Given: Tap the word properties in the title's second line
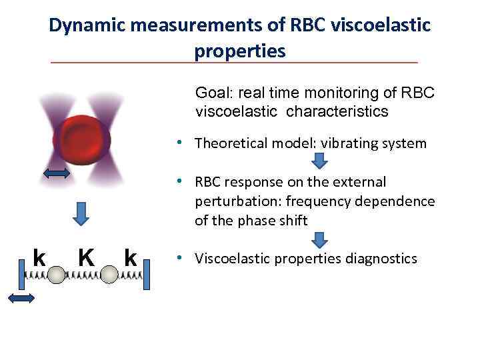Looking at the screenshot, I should coord(239,51).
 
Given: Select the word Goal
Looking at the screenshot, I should coord(211,93).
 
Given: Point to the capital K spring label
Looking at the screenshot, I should coord(85,257).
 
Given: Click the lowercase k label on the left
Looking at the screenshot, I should coord(39,257).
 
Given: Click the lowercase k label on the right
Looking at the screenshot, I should coord(131,257).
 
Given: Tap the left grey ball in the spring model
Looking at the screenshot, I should coord(57,275).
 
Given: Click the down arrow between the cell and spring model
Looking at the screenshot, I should coord(81,213).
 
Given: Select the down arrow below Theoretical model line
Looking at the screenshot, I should coord(320,161).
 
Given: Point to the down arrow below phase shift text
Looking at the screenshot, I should coord(320,239).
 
